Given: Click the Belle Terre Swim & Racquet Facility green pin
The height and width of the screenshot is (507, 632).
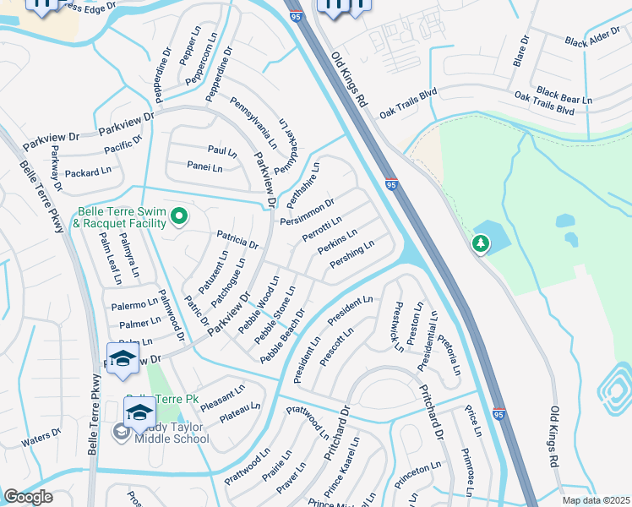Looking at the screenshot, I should [x=178, y=218].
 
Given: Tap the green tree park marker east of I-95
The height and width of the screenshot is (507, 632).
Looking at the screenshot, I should [x=481, y=244].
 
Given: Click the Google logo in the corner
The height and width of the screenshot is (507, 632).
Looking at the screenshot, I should [x=28, y=497].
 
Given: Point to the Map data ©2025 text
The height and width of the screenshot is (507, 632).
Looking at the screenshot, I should [x=596, y=500].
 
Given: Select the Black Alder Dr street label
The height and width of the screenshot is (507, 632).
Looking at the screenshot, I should [x=592, y=41].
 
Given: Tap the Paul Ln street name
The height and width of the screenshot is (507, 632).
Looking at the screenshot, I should [x=222, y=150].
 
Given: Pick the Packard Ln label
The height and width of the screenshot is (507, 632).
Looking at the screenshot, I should [x=88, y=172].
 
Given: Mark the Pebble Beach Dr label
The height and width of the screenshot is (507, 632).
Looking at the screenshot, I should [x=282, y=336].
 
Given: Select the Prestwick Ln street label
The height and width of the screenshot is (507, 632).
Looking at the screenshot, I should [x=393, y=328].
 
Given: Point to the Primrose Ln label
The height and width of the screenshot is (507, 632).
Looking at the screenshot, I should [x=471, y=464].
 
